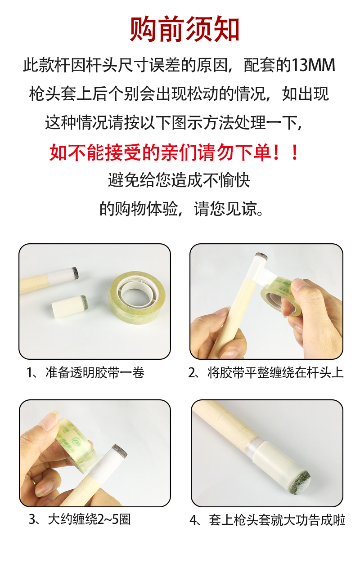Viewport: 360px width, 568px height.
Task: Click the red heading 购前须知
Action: (184, 28)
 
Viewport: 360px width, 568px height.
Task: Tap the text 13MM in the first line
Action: (313, 65)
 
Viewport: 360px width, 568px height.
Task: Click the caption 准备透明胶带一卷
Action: (95, 372)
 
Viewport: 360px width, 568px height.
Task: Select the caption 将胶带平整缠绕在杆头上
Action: (275, 372)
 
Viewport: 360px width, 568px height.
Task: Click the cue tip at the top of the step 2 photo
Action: (261, 256)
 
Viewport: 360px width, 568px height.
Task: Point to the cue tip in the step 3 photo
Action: (119, 449)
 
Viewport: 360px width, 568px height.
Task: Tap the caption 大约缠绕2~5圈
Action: (89, 519)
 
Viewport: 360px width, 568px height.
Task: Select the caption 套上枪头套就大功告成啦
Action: (277, 519)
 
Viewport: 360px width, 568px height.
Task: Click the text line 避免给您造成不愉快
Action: (179, 180)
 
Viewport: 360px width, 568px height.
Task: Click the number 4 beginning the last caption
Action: (193, 520)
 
